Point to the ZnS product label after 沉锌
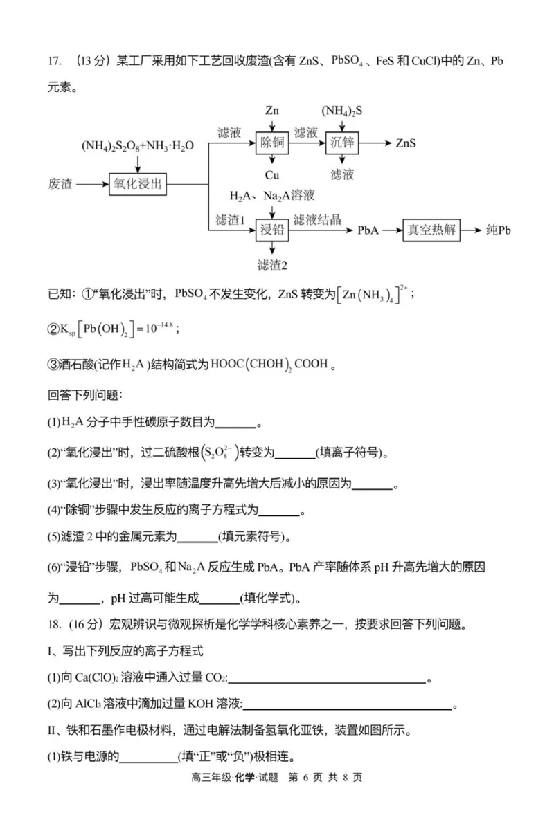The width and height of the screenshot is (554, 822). [x=406, y=143]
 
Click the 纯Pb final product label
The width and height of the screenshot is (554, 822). [x=498, y=230]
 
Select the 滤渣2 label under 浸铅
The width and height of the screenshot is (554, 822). [x=271, y=265]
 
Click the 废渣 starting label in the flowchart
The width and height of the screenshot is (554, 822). [x=60, y=184]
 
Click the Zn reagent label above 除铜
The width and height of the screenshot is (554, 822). [x=271, y=111]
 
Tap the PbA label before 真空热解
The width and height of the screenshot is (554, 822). [x=368, y=230]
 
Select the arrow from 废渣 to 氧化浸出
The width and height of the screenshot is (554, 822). [x=91, y=184]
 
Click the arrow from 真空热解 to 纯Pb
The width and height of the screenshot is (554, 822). [x=471, y=230]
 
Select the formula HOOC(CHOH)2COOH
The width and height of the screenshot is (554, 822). [x=266, y=363]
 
